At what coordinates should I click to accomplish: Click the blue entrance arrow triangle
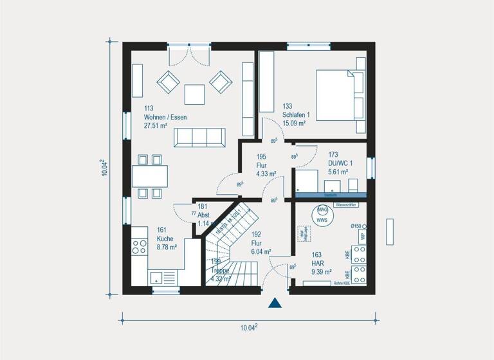pos(275,303)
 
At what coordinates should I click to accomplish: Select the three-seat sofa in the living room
pos(200,136)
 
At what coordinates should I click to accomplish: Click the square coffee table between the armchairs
pos(194,94)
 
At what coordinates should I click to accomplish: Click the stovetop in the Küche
pos(140,247)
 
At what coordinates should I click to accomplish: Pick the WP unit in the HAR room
pos(362,237)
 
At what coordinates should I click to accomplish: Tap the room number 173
pos(333,155)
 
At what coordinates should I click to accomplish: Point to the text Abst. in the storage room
pos(205,215)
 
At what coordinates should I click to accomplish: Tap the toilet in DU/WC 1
pos(352,185)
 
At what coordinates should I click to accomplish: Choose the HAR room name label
pos(316,263)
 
